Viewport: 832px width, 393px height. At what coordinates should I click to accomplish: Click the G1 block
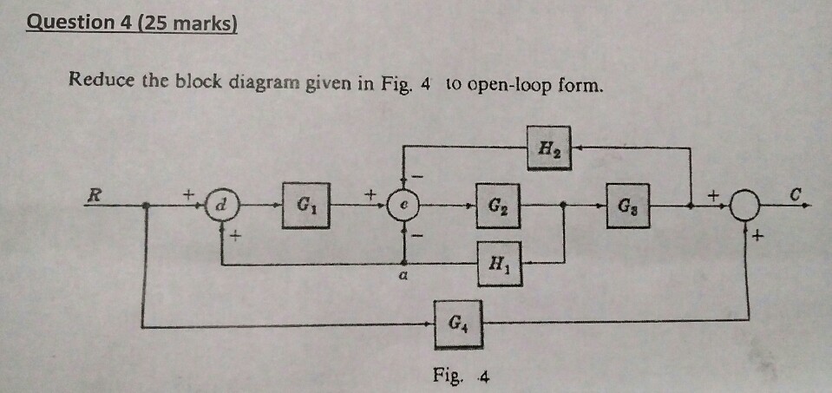[x=305, y=206]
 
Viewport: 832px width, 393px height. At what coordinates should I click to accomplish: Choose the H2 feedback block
[x=551, y=148]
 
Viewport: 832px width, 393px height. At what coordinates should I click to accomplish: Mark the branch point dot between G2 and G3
[x=565, y=207]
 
